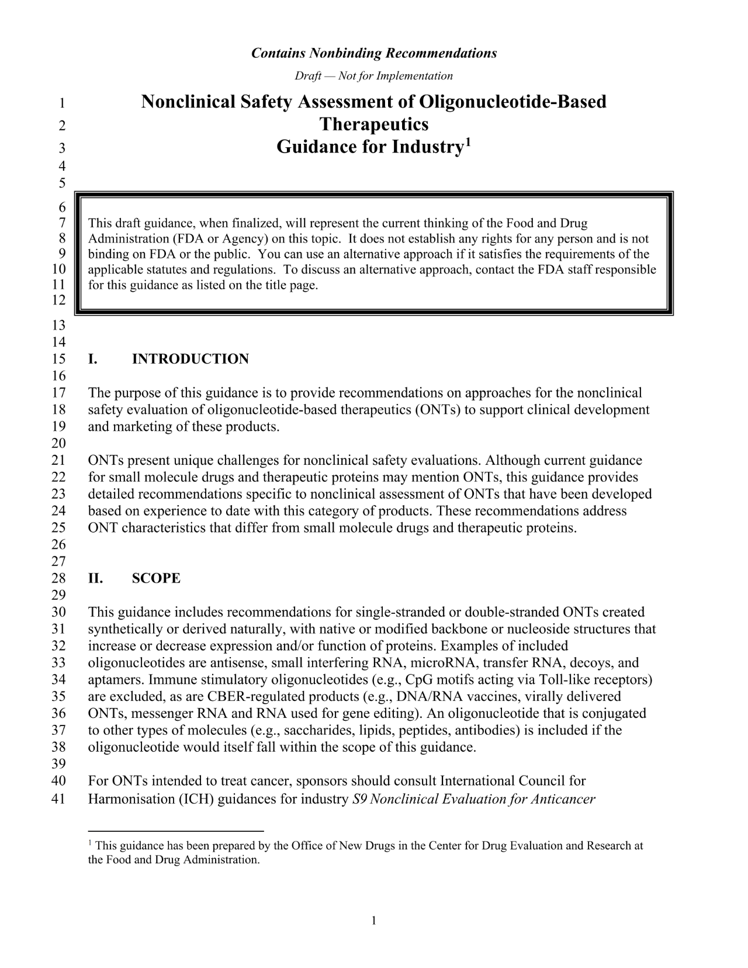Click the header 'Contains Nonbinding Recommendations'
[374, 53]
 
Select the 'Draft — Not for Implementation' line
[374, 76]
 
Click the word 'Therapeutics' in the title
[374, 125]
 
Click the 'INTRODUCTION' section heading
[191, 359]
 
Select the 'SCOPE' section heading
[156, 579]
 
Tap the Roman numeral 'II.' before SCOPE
[96, 579]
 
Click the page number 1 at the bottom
[374, 921]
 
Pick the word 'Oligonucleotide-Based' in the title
[512, 102]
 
